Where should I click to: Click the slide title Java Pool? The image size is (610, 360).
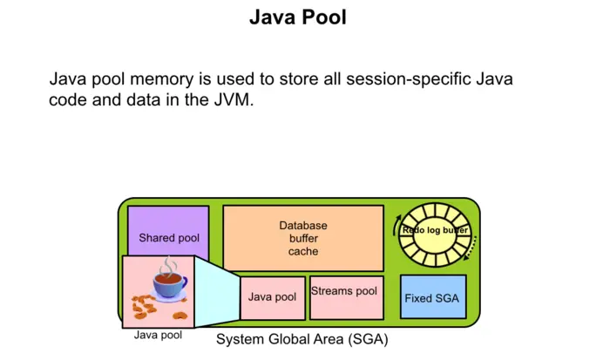coord(297,17)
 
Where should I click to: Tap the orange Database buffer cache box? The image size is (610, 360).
coord(303,238)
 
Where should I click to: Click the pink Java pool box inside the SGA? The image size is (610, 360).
coord(272,297)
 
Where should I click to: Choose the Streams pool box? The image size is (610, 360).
coord(344,297)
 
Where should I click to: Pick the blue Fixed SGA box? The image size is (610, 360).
coord(432,297)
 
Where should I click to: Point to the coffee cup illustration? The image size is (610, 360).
coord(169,283)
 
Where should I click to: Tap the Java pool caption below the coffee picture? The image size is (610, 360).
coord(158,335)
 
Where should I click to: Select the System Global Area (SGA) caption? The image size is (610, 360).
coord(302,338)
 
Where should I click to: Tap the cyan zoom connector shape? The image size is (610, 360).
coord(218,288)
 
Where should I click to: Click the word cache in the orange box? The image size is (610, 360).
coord(303,251)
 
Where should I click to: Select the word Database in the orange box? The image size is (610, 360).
coord(303,225)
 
